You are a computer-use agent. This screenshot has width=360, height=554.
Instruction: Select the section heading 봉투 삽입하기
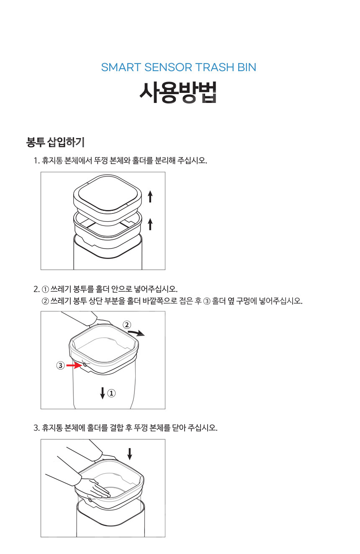(55, 142)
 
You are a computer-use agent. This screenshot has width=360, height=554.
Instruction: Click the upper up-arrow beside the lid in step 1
(150, 196)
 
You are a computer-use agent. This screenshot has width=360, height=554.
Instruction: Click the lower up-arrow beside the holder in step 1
(150, 223)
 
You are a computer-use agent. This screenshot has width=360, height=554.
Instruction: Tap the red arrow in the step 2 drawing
(75, 366)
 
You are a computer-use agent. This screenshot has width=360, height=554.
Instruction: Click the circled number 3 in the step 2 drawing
(60, 366)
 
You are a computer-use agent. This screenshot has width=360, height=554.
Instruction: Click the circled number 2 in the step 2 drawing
(126, 325)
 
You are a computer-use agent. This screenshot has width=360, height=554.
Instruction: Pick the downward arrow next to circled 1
(103, 393)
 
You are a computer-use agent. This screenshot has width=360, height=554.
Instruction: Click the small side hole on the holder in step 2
(85, 365)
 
